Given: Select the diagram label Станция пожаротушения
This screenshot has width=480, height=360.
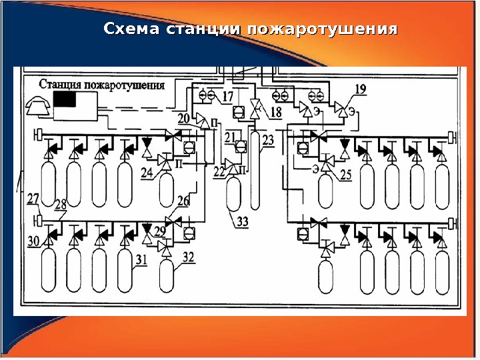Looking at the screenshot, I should tap(102, 85).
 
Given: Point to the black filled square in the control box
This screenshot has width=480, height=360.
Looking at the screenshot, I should tap(65, 100).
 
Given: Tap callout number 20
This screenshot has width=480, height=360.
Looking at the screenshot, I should tap(184, 118).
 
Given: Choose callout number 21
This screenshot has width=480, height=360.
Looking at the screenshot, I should tap(231, 137).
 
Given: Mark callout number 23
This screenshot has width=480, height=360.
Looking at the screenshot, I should tap(268, 140).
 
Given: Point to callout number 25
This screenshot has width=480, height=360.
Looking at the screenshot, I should tap(345, 175).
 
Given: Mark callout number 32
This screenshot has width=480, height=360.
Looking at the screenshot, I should tap(188, 255).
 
